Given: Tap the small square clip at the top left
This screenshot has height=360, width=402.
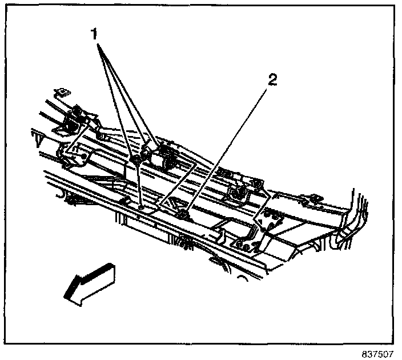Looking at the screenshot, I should [x=61, y=91].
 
